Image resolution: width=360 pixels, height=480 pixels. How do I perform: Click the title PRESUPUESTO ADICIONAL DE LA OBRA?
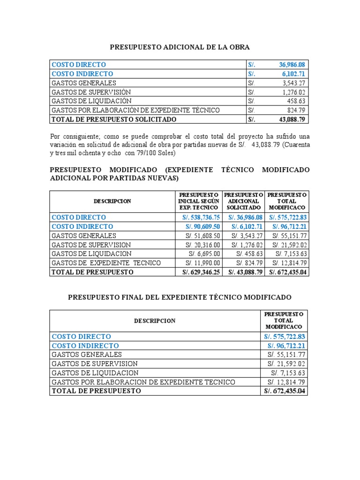point(180,47)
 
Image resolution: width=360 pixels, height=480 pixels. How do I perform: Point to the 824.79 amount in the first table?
point(295,110)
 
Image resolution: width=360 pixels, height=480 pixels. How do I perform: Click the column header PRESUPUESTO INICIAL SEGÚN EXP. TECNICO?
point(198,201)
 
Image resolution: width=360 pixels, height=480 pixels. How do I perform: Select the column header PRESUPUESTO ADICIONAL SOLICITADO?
point(243,201)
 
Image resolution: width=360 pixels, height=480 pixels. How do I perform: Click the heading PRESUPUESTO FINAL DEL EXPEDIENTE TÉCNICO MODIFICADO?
point(180,298)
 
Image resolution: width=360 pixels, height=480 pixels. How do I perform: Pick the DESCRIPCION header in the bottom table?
point(154,321)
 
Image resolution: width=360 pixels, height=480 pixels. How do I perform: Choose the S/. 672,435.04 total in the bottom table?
point(285,391)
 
